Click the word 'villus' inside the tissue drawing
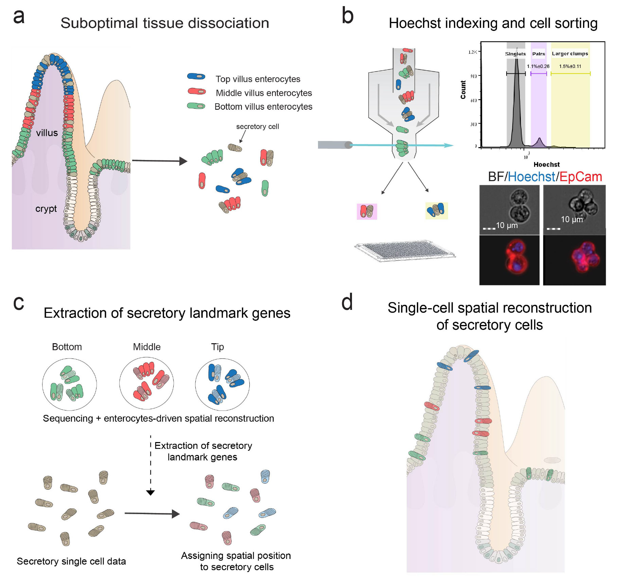(x=47, y=133)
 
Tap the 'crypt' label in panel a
(x=46, y=209)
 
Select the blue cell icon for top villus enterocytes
(x=196, y=76)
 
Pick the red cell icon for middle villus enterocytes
(x=196, y=91)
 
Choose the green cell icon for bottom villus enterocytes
(x=196, y=106)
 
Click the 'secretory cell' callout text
(x=257, y=126)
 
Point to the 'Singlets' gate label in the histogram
(x=515, y=54)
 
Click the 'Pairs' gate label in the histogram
(x=539, y=54)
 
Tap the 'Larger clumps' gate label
(x=570, y=53)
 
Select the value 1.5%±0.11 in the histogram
(x=570, y=66)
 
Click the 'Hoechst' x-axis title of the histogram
(x=546, y=164)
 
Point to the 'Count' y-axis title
(x=463, y=90)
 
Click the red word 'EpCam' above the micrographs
(x=580, y=177)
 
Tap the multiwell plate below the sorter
(x=404, y=251)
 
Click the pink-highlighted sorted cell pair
(x=367, y=211)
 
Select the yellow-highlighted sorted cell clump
(x=436, y=210)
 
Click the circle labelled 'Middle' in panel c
(x=146, y=383)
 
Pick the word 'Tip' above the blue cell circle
(x=217, y=347)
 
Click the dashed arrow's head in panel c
(x=151, y=492)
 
